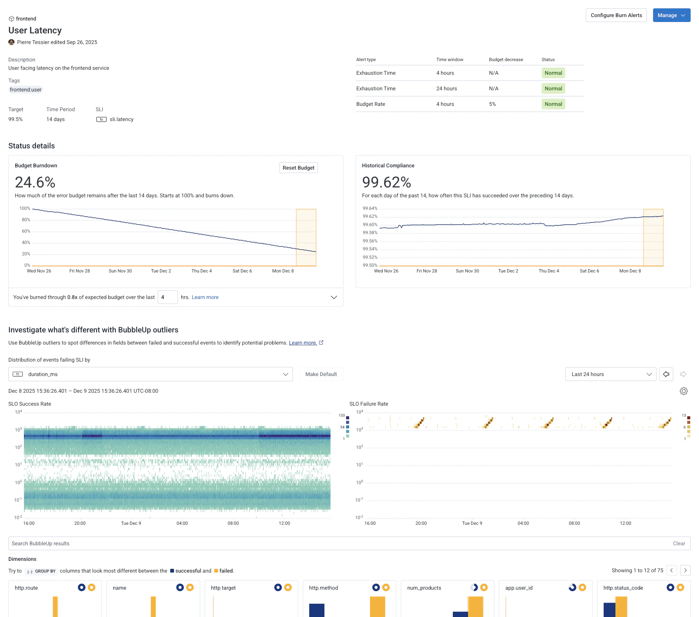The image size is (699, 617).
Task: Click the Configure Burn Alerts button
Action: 616,15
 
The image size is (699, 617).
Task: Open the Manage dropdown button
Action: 671,15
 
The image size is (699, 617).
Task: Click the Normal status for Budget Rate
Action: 553,104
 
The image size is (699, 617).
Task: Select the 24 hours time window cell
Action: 446,88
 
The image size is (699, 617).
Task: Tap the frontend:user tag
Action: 25,90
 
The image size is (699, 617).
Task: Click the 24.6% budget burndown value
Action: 35,183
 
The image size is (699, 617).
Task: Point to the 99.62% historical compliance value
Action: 386,183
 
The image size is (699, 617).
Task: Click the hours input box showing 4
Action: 168,297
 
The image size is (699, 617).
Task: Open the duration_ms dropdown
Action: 150,374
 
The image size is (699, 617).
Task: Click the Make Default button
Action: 321,374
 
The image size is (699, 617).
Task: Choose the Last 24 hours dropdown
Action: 610,374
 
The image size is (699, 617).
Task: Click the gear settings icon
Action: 683,391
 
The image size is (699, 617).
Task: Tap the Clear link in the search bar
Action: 679,543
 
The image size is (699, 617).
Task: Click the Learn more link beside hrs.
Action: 205,297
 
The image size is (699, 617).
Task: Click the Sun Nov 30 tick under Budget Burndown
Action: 120,271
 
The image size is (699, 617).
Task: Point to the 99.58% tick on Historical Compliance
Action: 370,233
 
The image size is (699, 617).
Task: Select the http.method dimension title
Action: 323,588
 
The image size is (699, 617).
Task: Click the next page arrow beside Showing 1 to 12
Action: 685,570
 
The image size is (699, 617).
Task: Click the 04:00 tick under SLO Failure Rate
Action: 523,523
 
